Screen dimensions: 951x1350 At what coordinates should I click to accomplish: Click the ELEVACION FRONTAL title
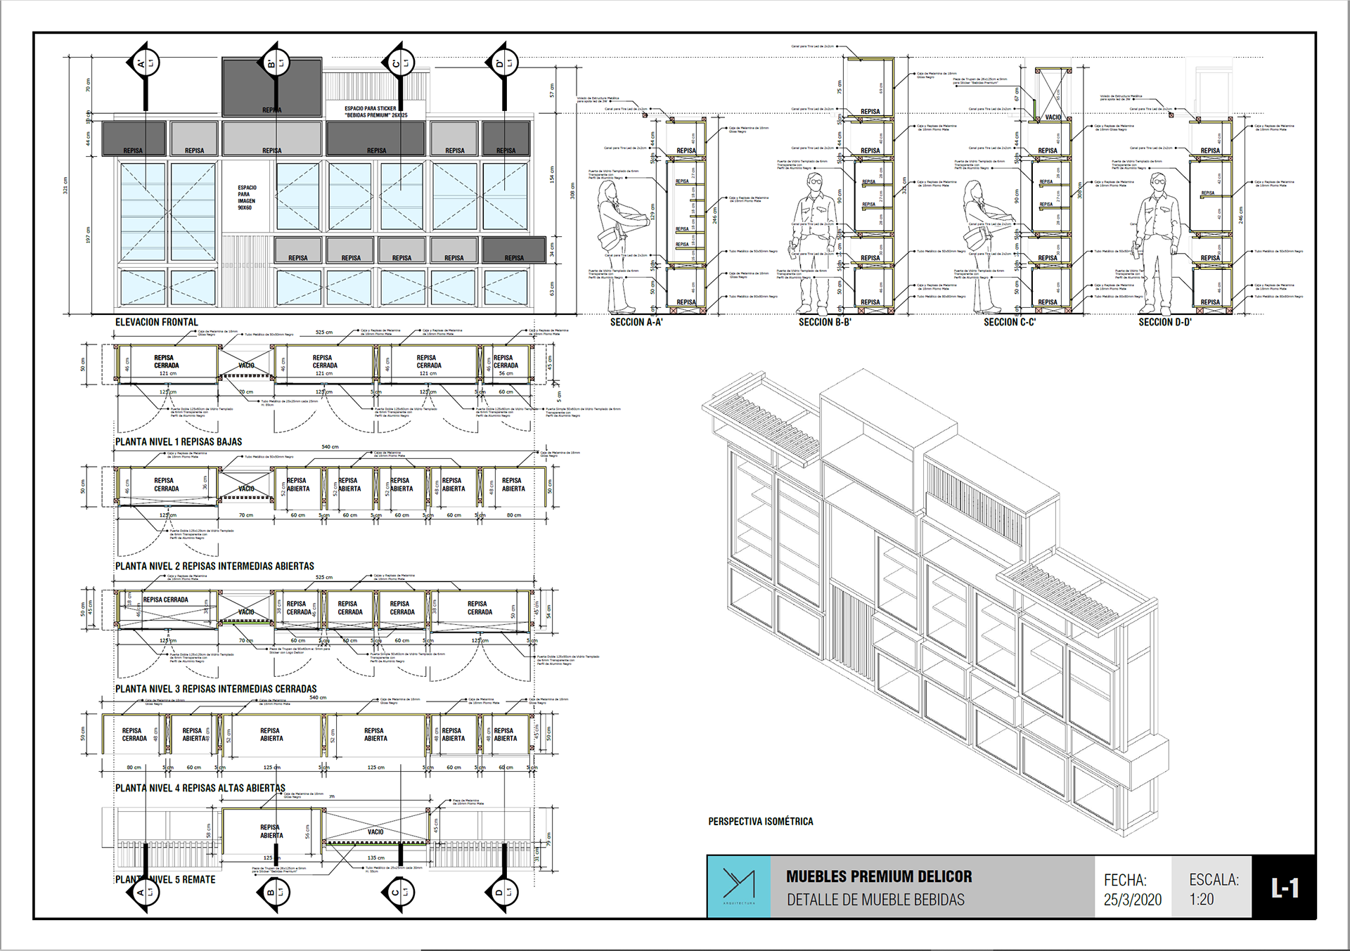156,322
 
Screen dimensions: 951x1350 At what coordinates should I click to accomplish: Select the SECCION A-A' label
636,322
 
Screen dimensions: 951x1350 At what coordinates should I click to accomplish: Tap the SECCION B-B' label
824,322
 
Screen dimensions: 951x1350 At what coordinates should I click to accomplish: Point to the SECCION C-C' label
1009,322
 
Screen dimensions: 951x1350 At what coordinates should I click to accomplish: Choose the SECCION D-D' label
1164,322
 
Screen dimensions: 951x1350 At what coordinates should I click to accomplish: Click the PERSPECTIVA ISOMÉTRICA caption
760,821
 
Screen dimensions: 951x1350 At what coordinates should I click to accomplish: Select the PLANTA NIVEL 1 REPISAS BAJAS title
179,442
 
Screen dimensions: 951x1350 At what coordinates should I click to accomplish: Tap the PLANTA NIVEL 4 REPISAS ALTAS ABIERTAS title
200,788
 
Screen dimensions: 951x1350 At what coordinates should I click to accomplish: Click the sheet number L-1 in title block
1284,888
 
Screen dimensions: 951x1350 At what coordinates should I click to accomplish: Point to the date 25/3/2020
1132,900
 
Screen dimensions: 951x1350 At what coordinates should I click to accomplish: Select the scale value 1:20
1201,900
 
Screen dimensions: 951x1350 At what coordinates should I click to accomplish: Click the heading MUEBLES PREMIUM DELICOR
879,876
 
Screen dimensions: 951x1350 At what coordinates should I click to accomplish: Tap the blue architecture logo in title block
738,886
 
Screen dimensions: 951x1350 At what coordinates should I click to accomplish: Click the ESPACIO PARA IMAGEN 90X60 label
246,198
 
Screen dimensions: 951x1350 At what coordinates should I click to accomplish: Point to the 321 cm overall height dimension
66,185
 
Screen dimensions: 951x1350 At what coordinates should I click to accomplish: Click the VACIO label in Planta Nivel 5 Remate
375,832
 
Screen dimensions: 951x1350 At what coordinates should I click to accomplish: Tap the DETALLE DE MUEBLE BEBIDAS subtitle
875,900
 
